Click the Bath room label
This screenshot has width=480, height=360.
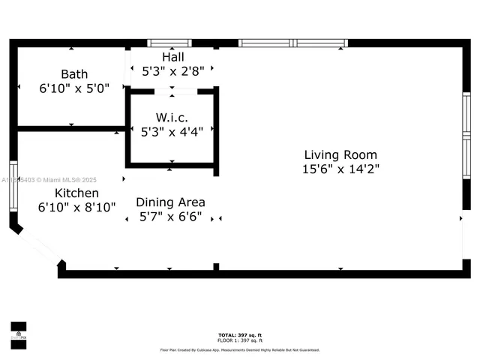click(x=74, y=74)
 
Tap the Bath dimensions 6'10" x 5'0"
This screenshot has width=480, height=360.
click(x=74, y=88)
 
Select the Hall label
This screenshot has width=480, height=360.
click(x=172, y=57)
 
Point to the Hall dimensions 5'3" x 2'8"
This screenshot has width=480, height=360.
click(x=172, y=71)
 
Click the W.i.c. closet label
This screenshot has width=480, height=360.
click(x=172, y=118)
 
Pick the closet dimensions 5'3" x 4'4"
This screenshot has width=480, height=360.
click(x=172, y=132)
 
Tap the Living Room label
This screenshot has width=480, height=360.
click(x=340, y=154)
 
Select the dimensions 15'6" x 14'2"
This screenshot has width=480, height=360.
click(x=340, y=169)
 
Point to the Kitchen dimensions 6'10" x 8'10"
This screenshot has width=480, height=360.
click(x=76, y=207)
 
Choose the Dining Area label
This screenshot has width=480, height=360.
click(x=170, y=202)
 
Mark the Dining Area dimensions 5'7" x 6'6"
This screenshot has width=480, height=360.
click(x=170, y=217)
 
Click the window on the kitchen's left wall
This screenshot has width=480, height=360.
click(x=13, y=185)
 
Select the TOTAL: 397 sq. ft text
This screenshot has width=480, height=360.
click(x=240, y=334)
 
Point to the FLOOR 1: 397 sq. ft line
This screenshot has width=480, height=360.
click(x=240, y=340)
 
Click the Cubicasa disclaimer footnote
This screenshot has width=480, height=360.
click(x=240, y=349)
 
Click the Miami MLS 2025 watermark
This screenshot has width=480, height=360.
click(x=49, y=180)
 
